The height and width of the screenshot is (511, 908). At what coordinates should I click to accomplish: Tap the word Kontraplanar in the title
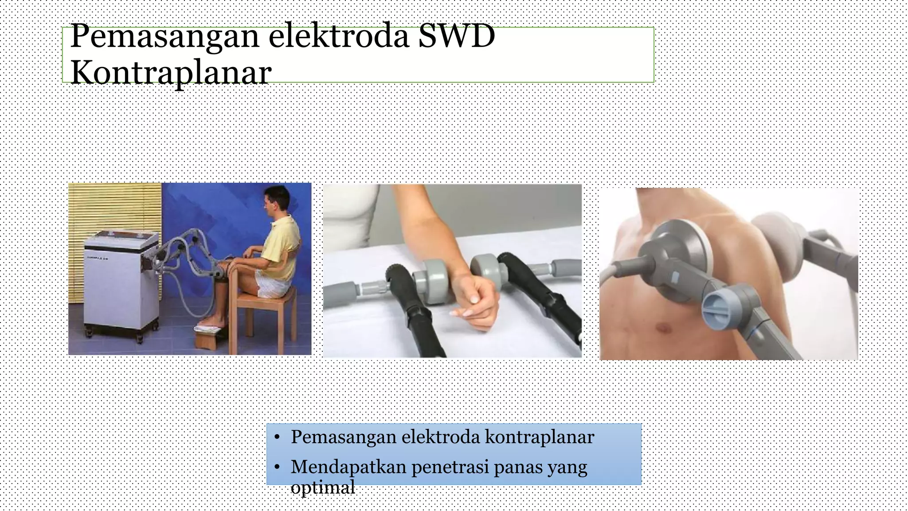pyautogui.click(x=171, y=72)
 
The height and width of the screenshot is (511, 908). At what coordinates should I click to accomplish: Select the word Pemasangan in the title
pyautogui.click(x=164, y=36)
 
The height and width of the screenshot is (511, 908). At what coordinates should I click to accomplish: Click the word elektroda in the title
pyautogui.click(x=339, y=36)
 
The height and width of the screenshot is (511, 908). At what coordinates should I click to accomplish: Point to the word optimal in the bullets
pyautogui.click(x=323, y=487)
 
